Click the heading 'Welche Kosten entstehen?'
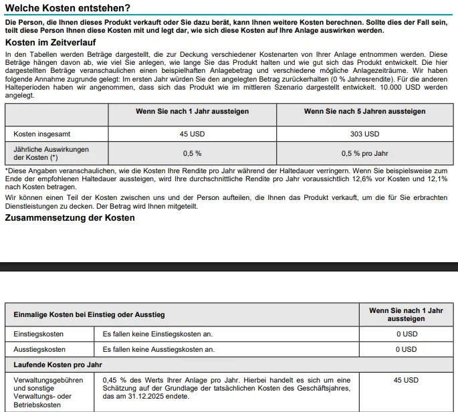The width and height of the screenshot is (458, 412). pyautogui.click(x=68, y=9)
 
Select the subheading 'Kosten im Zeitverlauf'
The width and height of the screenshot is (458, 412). pyautogui.click(x=50, y=43)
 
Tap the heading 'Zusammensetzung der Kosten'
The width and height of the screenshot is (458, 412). pyautogui.click(x=70, y=219)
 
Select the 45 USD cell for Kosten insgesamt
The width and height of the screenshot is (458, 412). pyautogui.click(x=193, y=134)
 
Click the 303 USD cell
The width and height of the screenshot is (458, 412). pyautogui.click(x=364, y=134)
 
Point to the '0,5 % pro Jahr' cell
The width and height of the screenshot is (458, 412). pyautogui.click(x=364, y=153)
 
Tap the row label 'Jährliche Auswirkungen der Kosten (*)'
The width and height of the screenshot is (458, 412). pyautogui.click(x=51, y=153)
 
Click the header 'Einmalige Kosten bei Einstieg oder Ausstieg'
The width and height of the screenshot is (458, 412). pyautogui.click(x=89, y=314)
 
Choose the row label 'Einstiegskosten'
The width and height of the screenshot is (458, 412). pyautogui.click(x=39, y=333)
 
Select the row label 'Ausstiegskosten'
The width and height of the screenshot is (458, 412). pyautogui.click(x=40, y=349)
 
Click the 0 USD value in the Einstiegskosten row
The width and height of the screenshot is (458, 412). pyautogui.click(x=406, y=333)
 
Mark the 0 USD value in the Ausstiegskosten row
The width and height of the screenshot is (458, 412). pyautogui.click(x=406, y=349)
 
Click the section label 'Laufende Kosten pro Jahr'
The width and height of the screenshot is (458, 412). pyautogui.click(x=58, y=365)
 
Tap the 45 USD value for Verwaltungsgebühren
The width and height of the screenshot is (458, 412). pyautogui.click(x=406, y=380)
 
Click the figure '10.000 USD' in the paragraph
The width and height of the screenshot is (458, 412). pyautogui.click(x=398, y=88)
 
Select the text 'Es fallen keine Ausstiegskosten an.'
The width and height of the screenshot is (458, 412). pyautogui.click(x=158, y=349)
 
